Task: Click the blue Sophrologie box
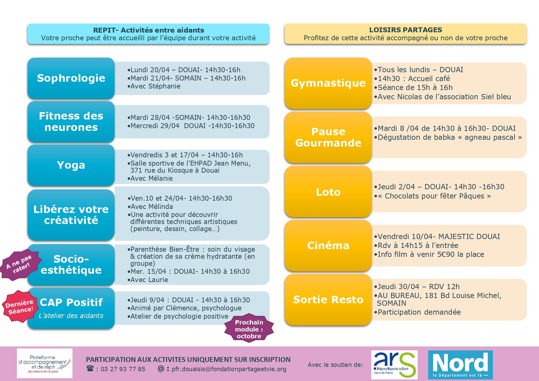[x=71, y=78]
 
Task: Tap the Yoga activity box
[x=71, y=165]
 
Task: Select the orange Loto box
[x=328, y=192]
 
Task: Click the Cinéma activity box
[x=328, y=245]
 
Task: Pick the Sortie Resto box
[x=328, y=300]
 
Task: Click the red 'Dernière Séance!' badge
[x=19, y=306]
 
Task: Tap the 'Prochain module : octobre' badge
[x=249, y=329]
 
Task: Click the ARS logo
[x=394, y=365]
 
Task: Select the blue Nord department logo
[x=460, y=365]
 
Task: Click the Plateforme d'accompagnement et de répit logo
[x=45, y=363]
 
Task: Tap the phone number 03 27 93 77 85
[x=123, y=369]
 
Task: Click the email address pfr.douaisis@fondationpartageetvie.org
[x=229, y=369]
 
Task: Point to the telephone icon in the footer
[x=90, y=368]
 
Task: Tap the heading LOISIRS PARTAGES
[x=405, y=30]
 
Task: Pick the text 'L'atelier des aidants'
[x=71, y=316]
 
